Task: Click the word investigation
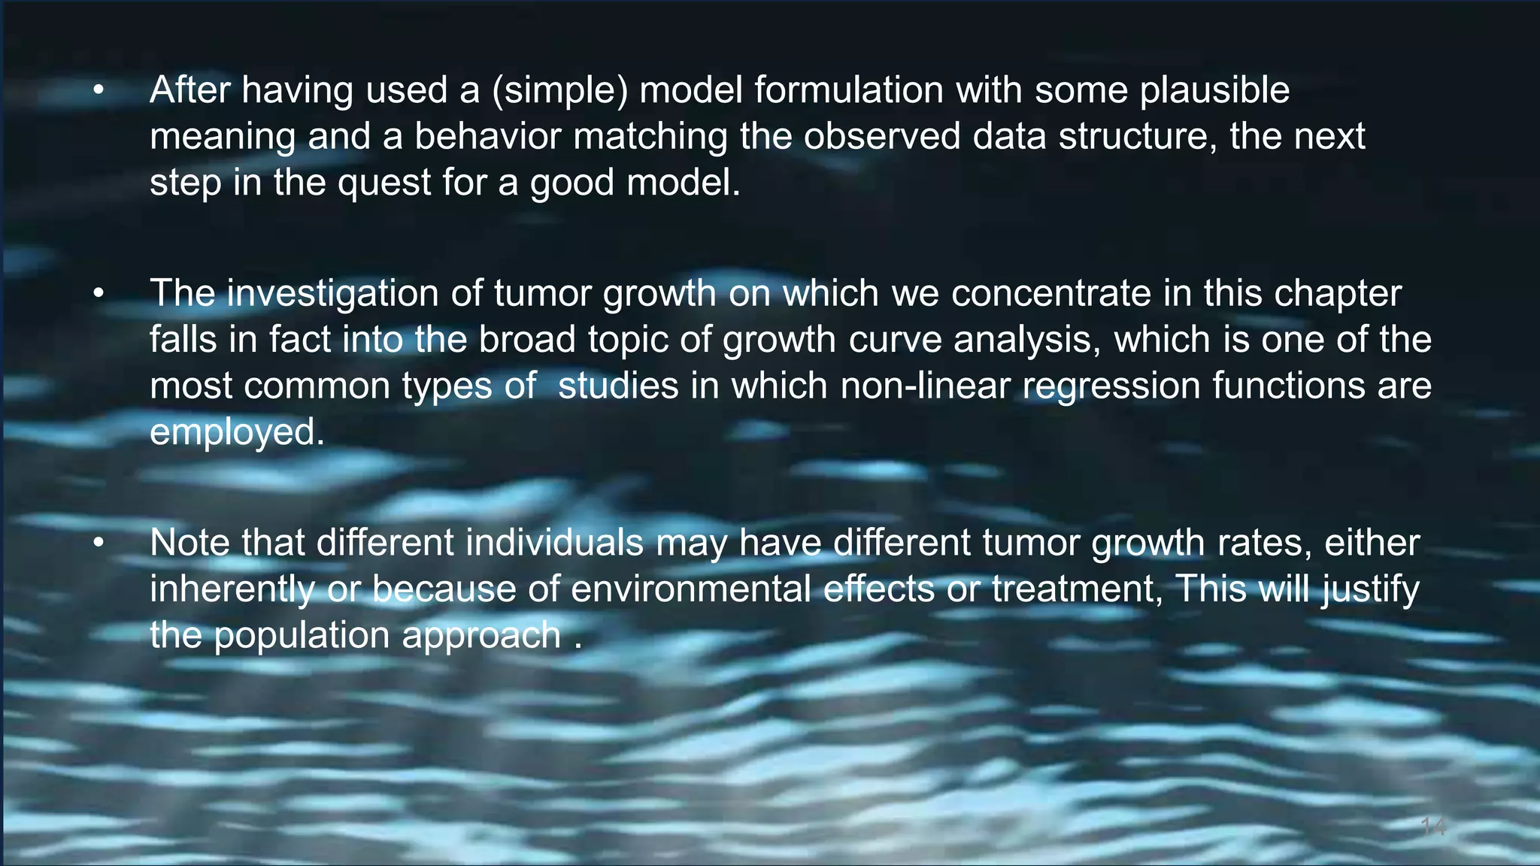[x=332, y=294]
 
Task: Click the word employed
[x=237, y=433]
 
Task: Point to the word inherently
[x=232, y=589]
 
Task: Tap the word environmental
[x=690, y=589]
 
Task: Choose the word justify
[x=1370, y=589]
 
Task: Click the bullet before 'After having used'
[x=99, y=91]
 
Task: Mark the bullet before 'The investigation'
[x=99, y=294]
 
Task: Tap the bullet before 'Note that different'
[x=99, y=543]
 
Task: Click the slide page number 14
[x=1433, y=828]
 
